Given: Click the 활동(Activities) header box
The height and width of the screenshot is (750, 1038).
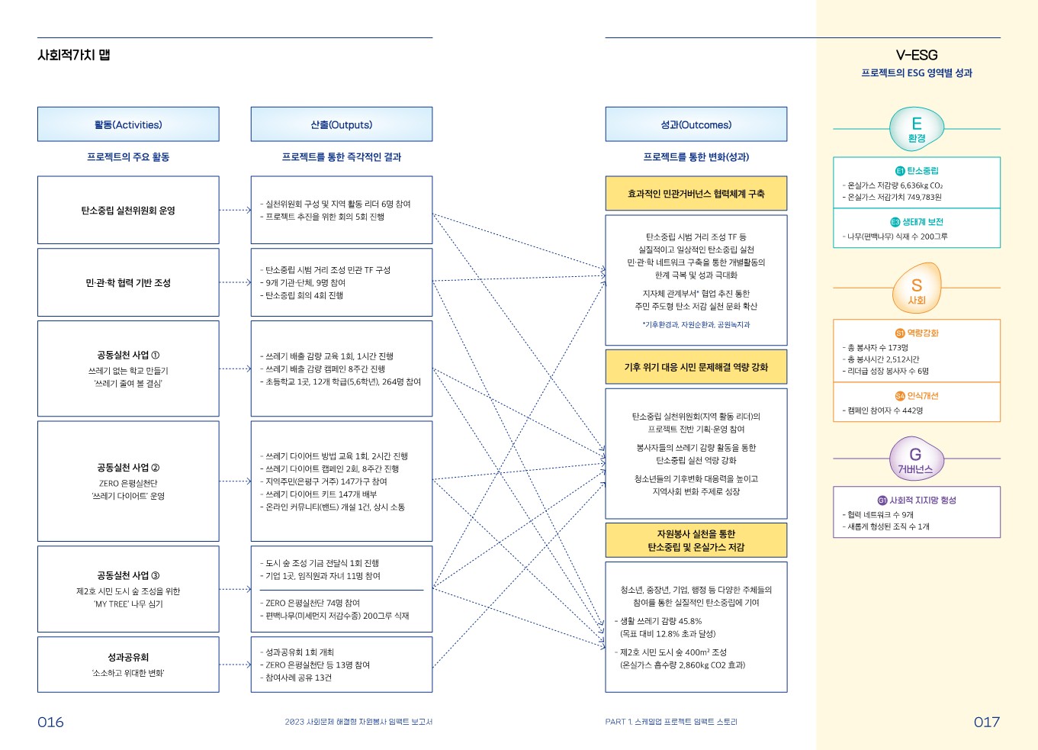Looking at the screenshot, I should (x=128, y=124).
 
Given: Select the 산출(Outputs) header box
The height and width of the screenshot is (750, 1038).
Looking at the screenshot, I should (x=341, y=124).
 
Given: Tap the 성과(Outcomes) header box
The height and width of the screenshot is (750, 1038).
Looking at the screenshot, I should (x=696, y=124).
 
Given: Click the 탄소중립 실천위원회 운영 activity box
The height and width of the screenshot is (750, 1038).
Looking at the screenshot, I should (x=128, y=211).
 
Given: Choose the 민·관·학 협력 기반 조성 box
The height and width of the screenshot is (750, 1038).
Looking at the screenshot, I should (x=128, y=283).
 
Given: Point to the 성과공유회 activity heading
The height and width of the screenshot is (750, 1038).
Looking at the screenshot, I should (x=128, y=657).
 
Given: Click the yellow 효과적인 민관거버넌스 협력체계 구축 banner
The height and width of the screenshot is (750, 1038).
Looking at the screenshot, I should (x=696, y=194).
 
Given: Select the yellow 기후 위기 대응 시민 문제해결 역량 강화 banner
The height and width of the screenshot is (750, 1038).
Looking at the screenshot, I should (x=696, y=367).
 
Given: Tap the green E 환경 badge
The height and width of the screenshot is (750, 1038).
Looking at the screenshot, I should (x=916, y=129).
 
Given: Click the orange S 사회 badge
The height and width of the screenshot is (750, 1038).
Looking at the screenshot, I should (x=916, y=288).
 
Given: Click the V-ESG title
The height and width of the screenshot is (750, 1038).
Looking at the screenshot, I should (x=916, y=55).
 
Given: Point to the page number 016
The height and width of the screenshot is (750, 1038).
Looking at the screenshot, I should (x=50, y=722).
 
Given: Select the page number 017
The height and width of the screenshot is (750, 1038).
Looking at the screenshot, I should (x=986, y=722).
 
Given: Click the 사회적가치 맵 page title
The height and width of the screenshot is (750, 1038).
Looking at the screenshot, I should (x=74, y=55).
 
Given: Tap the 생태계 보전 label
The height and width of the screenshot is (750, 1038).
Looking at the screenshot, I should (x=922, y=222).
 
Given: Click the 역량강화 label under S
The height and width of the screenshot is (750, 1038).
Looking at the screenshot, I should (x=922, y=333).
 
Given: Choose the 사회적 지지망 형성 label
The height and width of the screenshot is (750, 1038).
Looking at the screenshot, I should (x=922, y=501).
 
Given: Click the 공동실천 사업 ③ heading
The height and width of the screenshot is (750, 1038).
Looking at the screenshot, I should (x=128, y=575).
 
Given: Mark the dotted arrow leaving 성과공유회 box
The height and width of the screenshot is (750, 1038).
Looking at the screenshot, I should (x=235, y=665).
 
